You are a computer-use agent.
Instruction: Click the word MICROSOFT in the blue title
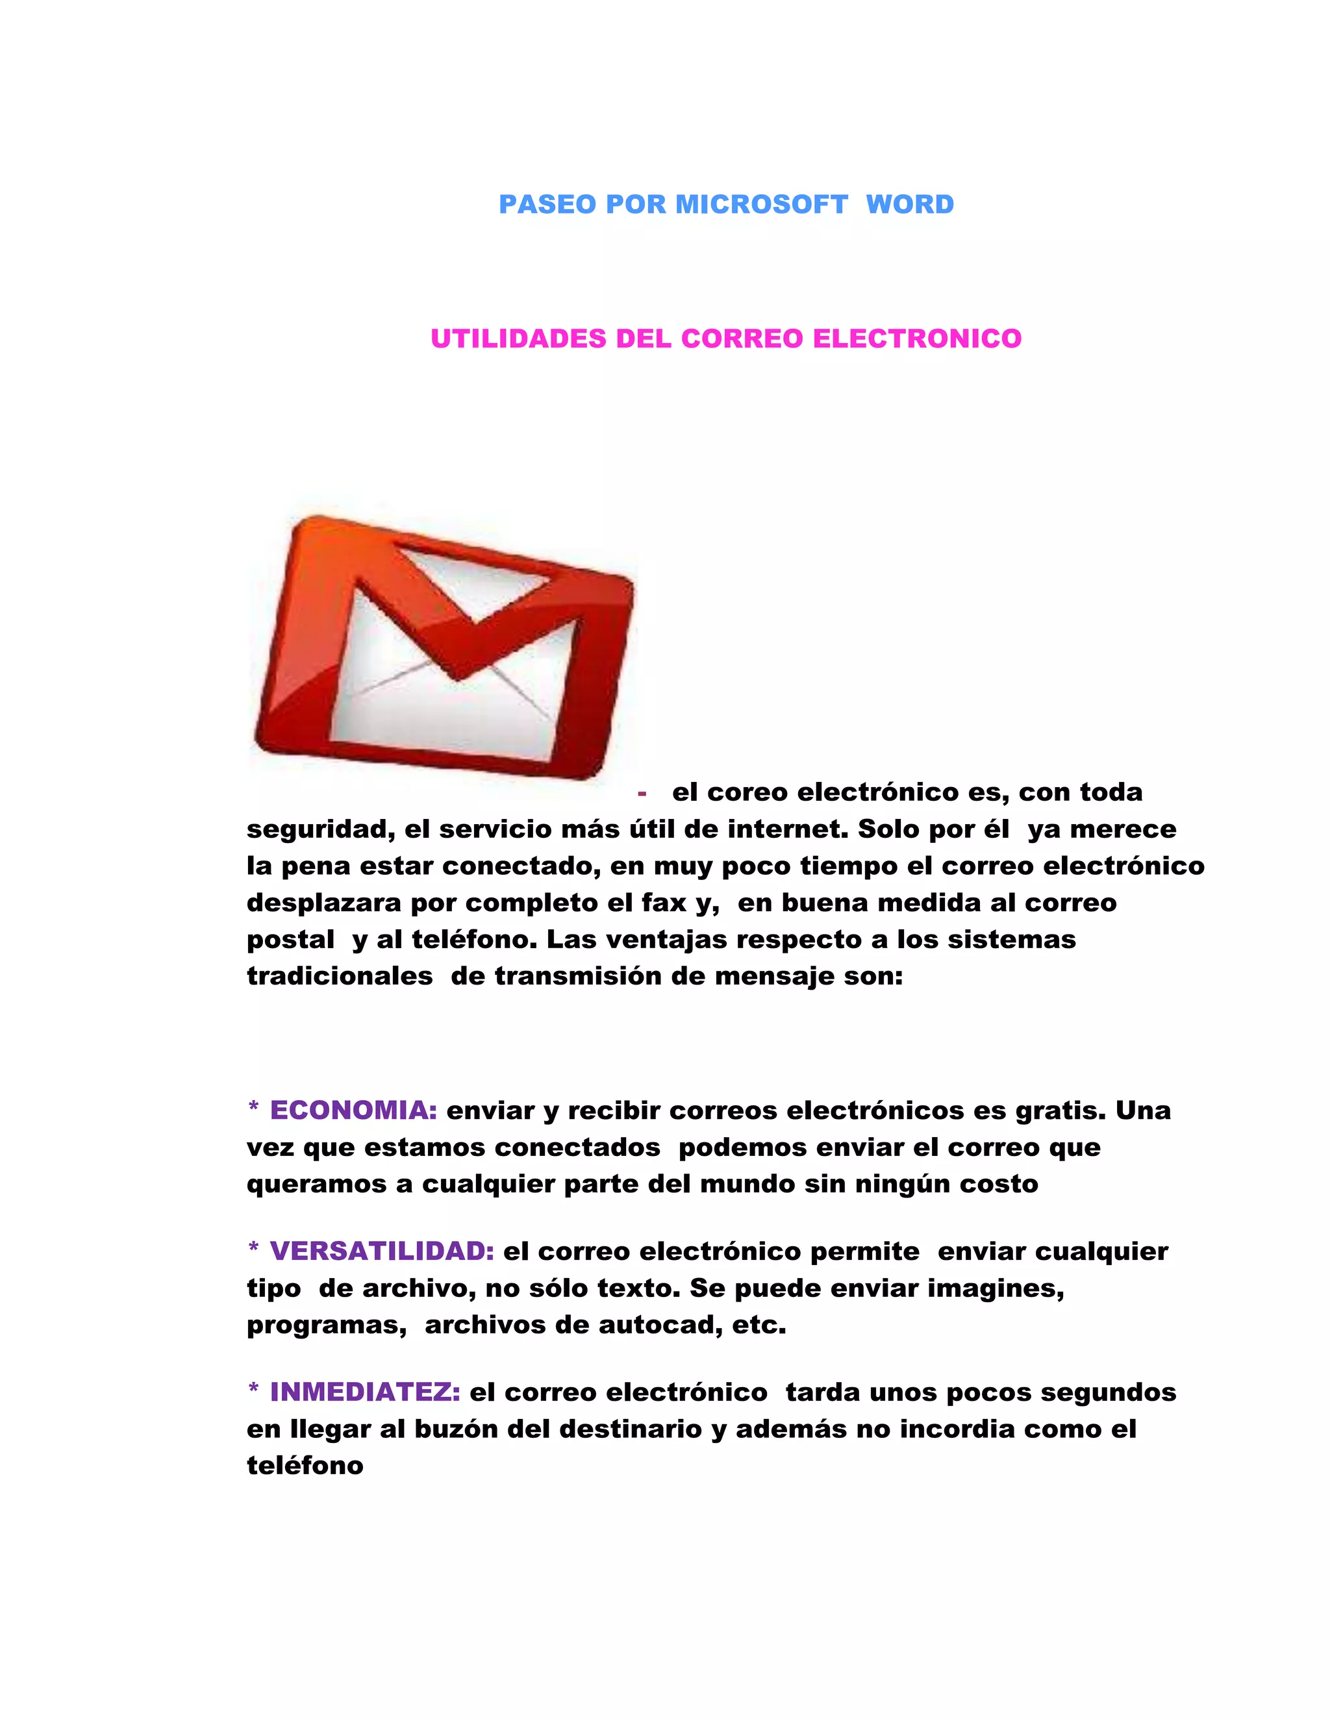tap(761, 204)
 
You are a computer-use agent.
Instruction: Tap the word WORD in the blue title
tap(910, 204)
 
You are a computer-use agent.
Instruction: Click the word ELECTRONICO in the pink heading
tap(917, 339)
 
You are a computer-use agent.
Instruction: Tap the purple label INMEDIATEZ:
tap(365, 1392)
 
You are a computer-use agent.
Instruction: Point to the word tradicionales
tap(340, 976)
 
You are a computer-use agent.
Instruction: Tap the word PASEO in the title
tap(547, 204)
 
